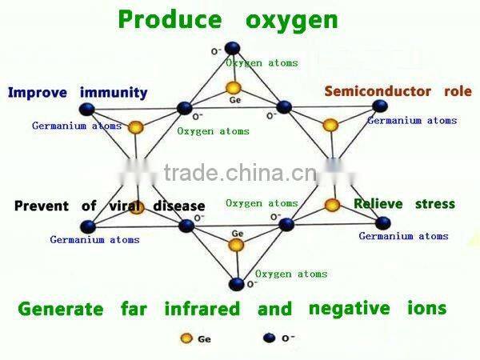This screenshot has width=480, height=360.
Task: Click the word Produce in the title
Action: pyautogui.click(x=170, y=19)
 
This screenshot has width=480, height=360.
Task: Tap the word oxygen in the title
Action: pyautogui.click(x=292, y=22)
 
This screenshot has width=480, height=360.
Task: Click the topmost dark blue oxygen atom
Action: pyautogui.click(x=232, y=48)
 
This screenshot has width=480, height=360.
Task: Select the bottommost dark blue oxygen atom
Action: pyautogui.click(x=236, y=284)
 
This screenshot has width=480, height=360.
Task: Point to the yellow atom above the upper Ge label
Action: pyautogui.click(x=234, y=88)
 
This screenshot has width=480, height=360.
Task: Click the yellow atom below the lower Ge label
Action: pyautogui.click(x=236, y=245)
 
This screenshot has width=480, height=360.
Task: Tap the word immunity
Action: pyautogui.click(x=114, y=93)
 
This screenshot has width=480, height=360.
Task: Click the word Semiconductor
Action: pyautogui.click(x=378, y=91)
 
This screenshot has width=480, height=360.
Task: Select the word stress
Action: pyautogui.click(x=435, y=204)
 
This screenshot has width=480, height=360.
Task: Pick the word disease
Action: pyautogui.click(x=179, y=206)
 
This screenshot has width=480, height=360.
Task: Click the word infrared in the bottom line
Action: pyautogui.click(x=202, y=309)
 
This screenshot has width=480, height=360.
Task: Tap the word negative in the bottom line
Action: pyautogui.click(x=350, y=309)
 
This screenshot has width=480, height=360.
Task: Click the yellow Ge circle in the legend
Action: pyautogui.click(x=186, y=338)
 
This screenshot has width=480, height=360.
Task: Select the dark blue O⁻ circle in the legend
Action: pyautogui.click(x=269, y=338)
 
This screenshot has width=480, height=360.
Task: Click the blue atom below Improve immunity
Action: pyautogui.click(x=87, y=110)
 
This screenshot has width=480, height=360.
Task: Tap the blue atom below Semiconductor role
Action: pyautogui.click(x=380, y=106)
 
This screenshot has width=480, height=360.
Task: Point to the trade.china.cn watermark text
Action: pyautogui.click(x=241, y=173)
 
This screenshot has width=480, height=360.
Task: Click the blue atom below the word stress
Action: pyautogui.click(x=382, y=223)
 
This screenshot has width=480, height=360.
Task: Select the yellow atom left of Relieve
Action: pyautogui.click(x=332, y=205)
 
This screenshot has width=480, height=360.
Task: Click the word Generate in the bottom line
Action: pyautogui.click(x=61, y=309)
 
